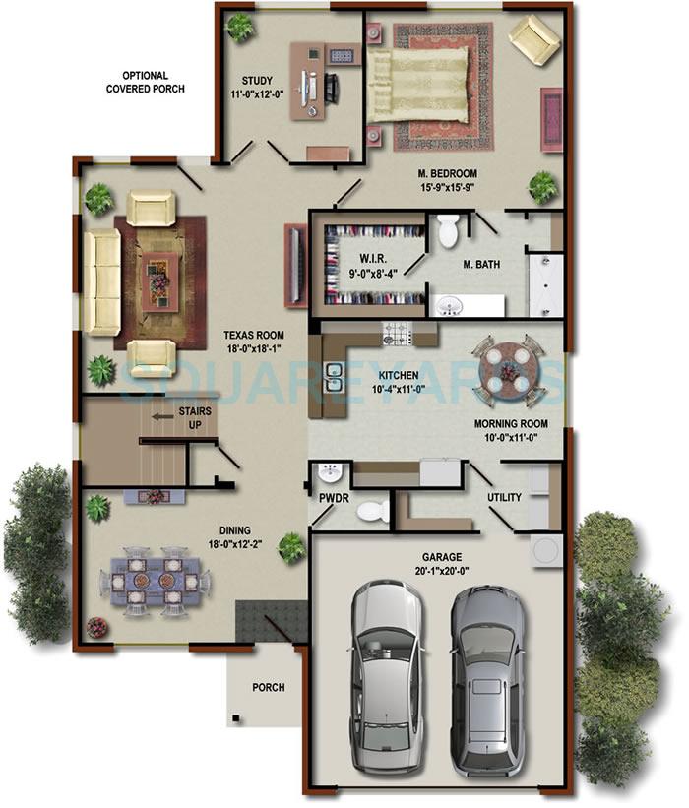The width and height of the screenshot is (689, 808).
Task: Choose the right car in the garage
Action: coord(489,677)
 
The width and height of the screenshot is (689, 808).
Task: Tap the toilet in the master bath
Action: coord(449,229)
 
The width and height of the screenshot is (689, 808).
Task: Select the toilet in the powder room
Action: coord(371,511)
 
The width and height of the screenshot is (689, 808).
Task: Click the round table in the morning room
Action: coord(507,370)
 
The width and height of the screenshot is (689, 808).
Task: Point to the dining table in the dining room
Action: coord(156,582)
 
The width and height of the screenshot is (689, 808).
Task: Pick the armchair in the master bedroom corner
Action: coord(532,40)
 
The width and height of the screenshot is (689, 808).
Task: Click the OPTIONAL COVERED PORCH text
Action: coord(145,82)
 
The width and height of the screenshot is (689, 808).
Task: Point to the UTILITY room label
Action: coord(504,498)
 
